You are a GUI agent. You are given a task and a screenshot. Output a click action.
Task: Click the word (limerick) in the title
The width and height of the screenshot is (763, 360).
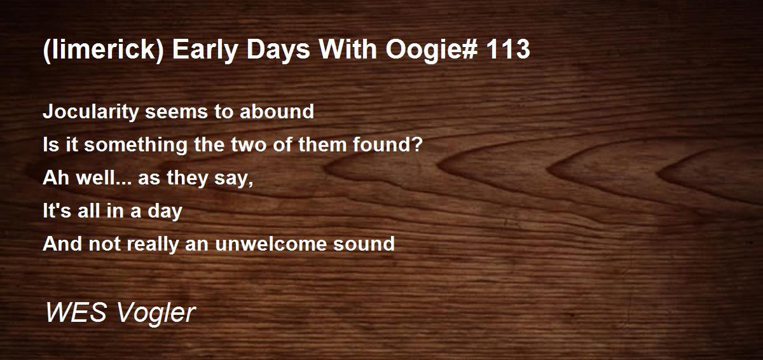pos(104,50)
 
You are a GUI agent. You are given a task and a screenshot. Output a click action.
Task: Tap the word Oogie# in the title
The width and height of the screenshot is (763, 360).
pos(430,50)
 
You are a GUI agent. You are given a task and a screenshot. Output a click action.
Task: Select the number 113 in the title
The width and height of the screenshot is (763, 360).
pos(508,49)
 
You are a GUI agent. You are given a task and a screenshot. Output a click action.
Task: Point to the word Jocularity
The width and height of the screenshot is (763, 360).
pos(90,112)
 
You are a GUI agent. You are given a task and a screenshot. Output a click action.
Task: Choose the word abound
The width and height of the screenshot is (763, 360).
pos(277,111)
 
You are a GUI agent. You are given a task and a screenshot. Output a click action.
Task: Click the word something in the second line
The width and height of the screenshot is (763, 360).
pos(135,145)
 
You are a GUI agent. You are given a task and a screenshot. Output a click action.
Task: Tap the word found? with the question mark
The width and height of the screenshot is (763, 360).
pos(388,144)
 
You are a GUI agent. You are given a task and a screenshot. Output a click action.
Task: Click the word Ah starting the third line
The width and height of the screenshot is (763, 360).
pos(55,178)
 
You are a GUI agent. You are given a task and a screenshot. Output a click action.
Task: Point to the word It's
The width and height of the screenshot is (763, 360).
pos(57,211)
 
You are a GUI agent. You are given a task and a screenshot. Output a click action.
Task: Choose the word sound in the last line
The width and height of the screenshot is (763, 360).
pos(364,244)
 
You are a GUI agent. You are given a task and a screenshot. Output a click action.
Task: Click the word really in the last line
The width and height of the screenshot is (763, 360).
pos(153,244)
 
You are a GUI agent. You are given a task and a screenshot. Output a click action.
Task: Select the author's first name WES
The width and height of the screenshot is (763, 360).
pos(76,312)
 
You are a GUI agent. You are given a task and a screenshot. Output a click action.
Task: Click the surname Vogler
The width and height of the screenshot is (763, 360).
pos(156,314)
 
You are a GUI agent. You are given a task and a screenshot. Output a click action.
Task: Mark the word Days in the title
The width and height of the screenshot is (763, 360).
pos(278,50)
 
